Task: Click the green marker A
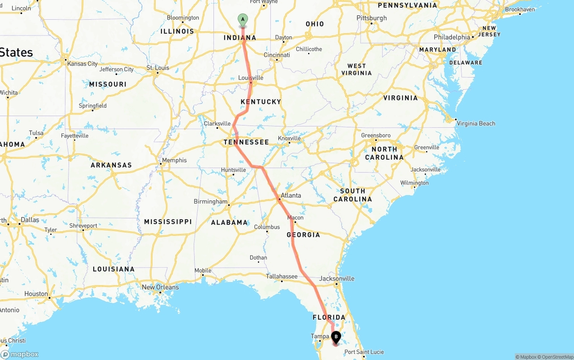tap(242, 20)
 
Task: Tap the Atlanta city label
tap(291, 195)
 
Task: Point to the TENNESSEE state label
tap(246, 142)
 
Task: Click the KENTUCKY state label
tap(261, 102)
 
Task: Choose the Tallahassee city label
tap(282, 276)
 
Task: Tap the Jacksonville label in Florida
tap(337, 278)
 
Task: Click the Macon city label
tap(296, 217)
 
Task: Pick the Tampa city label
tap(320, 336)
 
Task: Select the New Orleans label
tap(160, 287)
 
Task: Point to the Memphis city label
tap(174, 160)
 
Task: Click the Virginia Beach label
tap(476, 123)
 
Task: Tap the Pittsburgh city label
tap(371, 18)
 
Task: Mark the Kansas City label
tap(83, 64)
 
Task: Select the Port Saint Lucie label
tap(364, 352)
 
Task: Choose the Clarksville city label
tap(217, 123)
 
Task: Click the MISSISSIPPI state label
tap(168, 221)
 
